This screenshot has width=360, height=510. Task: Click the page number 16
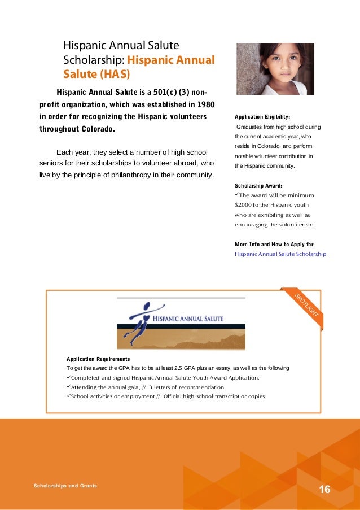[324, 489]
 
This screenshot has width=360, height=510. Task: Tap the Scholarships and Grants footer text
[65, 486]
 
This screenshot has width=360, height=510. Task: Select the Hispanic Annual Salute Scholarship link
[280, 254]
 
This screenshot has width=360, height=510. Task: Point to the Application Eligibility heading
[262, 117]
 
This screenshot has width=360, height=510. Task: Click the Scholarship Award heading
[258, 185]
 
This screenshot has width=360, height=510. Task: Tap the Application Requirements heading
[98, 359]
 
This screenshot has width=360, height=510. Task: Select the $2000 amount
[244, 204]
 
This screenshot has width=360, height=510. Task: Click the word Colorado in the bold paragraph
[90, 129]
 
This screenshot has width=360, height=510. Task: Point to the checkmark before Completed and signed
[69, 377]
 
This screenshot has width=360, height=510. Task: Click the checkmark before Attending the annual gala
[69, 387]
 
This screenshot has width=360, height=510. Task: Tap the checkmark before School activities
[69, 396]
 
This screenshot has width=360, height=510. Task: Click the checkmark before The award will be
[237, 195]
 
